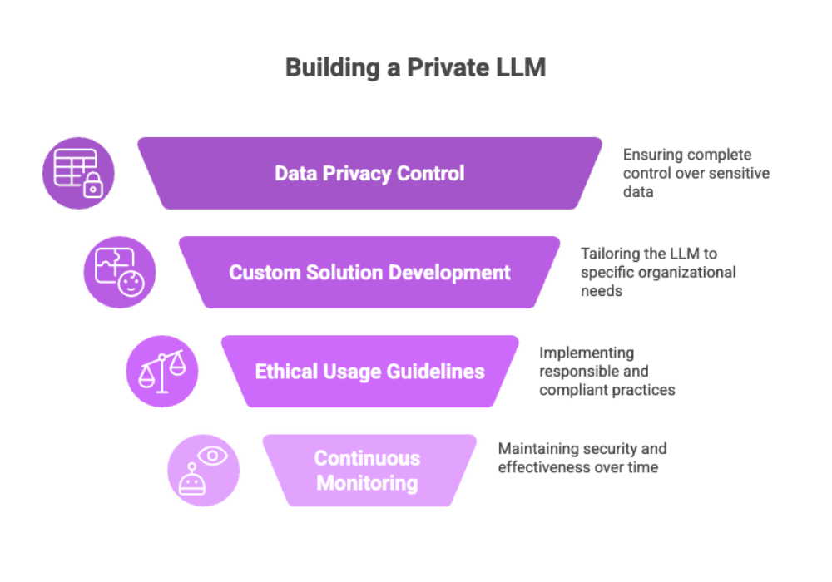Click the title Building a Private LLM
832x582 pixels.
[x=414, y=67]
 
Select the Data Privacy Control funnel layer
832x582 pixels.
[x=369, y=173]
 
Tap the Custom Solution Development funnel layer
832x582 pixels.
[x=369, y=272]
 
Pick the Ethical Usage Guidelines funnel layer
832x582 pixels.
[x=369, y=371]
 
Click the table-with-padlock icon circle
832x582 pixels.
[x=78, y=173]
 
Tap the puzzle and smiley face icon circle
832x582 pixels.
[x=119, y=272]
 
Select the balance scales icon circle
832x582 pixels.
[x=161, y=371]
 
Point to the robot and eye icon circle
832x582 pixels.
[x=202, y=470]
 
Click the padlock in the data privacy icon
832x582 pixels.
[x=93, y=186]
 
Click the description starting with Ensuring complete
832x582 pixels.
[x=696, y=173]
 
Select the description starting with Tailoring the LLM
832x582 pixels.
[x=657, y=272]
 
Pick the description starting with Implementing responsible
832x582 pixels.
[x=607, y=371]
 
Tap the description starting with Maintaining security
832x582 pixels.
[x=582, y=458]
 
